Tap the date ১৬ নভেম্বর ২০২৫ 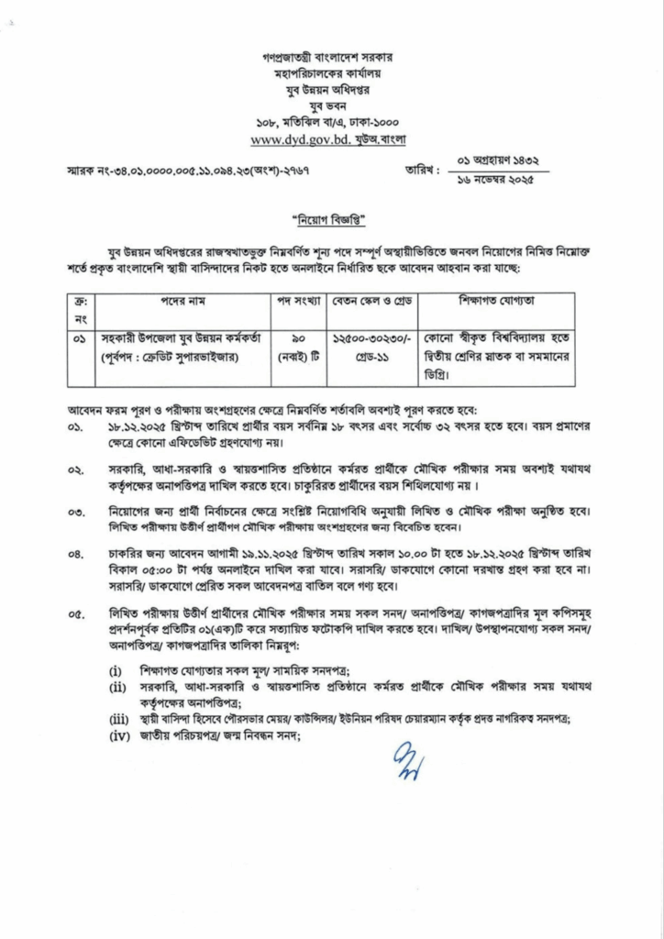pyautogui.click(x=494, y=180)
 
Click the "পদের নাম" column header pyautogui.click(x=179, y=302)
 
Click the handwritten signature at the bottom pyautogui.click(x=404, y=760)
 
